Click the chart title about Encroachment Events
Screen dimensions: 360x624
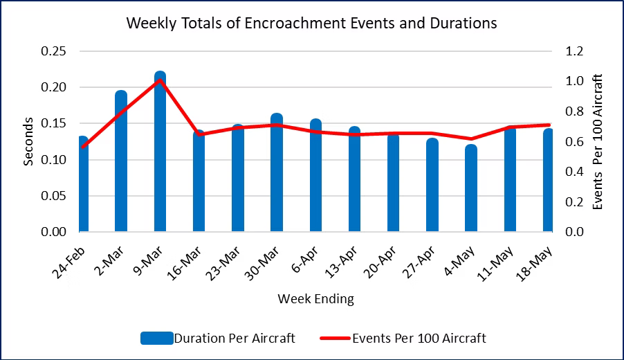[x=311, y=23]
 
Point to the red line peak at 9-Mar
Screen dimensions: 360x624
[x=160, y=80]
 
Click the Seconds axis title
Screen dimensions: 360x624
[x=28, y=141]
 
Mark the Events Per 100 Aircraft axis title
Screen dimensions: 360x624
[x=599, y=141]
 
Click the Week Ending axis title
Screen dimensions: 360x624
[x=315, y=299]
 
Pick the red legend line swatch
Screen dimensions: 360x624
[x=335, y=339]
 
